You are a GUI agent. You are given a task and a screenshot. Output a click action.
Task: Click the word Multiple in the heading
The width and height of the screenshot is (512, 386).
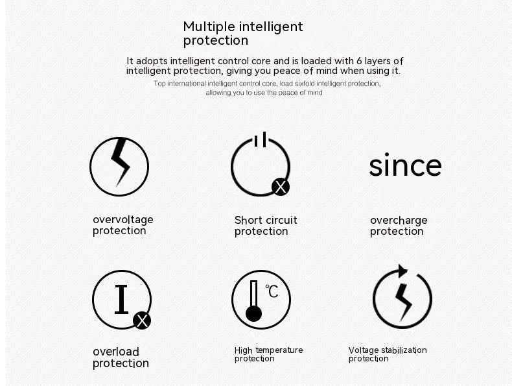(209, 27)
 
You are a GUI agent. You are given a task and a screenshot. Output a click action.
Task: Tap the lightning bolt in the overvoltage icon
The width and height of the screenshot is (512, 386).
(121, 162)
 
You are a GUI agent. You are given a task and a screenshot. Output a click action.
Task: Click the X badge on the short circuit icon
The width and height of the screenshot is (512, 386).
(281, 187)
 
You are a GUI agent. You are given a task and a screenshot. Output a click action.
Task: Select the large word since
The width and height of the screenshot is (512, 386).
(405, 165)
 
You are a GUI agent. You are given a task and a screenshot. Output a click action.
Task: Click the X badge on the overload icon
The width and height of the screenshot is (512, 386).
(142, 320)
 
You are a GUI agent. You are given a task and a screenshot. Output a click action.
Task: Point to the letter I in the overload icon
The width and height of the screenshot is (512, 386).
(121, 299)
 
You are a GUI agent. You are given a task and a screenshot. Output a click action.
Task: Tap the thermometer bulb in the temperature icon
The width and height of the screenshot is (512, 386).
(253, 314)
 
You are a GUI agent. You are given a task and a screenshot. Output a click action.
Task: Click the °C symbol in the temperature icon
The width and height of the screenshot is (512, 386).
(272, 291)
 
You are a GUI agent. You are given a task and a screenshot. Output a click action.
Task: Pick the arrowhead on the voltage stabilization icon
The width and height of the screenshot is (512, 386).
(402, 271)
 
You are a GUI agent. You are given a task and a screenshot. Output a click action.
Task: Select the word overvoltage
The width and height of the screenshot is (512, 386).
(123, 220)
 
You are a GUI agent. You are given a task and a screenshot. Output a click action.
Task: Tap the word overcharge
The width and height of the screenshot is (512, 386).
(399, 221)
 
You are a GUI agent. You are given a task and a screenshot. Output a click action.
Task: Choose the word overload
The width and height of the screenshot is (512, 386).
(116, 352)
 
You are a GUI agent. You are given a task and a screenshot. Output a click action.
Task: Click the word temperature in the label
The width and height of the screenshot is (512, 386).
(279, 350)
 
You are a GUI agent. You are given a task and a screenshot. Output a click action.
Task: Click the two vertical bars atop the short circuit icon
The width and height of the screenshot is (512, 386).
(261, 139)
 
